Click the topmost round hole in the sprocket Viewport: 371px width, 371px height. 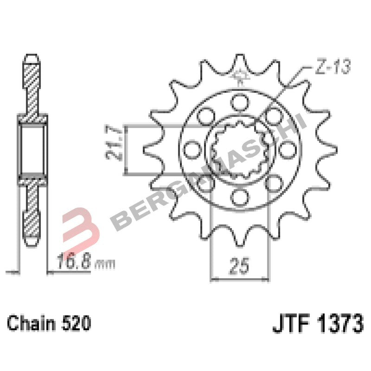pos(240,101)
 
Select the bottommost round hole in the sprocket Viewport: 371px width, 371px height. pos(240,197)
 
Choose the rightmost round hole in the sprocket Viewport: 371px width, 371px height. pos(288,149)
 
